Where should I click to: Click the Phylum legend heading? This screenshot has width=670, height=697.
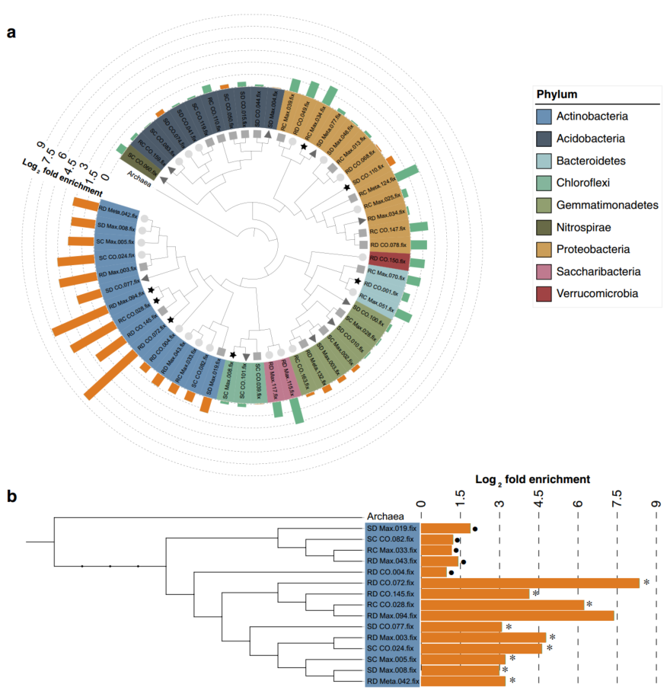pos(557,94)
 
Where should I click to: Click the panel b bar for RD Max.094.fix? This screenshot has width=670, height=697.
pos(517,615)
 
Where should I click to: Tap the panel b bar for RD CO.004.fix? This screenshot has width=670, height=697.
pos(434,571)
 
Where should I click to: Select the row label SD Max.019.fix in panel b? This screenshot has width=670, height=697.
pos(392,528)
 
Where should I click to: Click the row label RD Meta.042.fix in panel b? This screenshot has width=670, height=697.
pos(392,681)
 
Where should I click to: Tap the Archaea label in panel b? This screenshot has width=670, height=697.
pos(385,516)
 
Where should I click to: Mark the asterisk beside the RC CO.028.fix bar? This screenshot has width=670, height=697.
pos(589,604)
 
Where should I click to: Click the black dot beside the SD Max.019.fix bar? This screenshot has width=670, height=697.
pos(475,528)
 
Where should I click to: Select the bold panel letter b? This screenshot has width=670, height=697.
pos(11,497)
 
